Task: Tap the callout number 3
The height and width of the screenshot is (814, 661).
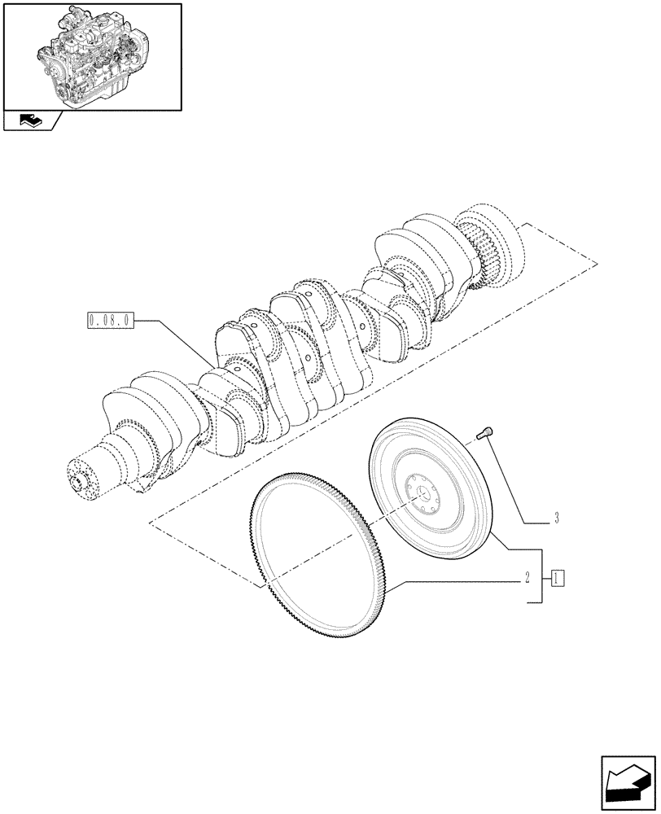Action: pyautogui.click(x=555, y=518)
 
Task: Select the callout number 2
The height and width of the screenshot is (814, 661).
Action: pyautogui.click(x=527, y=579)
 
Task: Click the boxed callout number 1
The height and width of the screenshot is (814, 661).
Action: pyautogui.click(x=557, y=579)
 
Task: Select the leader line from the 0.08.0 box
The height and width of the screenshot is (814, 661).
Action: pyautogui.click(x=175, y=341)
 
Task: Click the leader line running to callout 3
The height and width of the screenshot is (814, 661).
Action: pyautogui.click(x=513, y=480)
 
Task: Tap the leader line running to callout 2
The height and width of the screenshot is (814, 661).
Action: pyautogui.click(x=456, y=583)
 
